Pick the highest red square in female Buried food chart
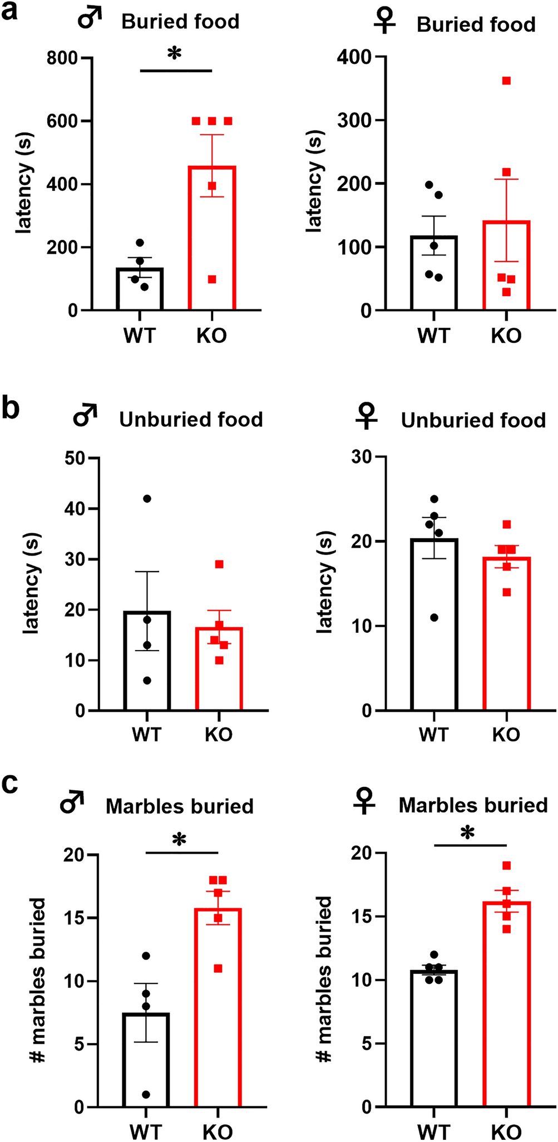pos(506,81)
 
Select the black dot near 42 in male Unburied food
pos(147,498)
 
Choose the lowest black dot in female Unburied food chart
pos(434,617)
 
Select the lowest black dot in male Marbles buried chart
pos(146,1095)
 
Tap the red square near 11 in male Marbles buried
pos(218,968)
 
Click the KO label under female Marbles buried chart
pos(506,1131)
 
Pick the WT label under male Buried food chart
pos(139,336)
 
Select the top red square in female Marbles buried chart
pos(506,865)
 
